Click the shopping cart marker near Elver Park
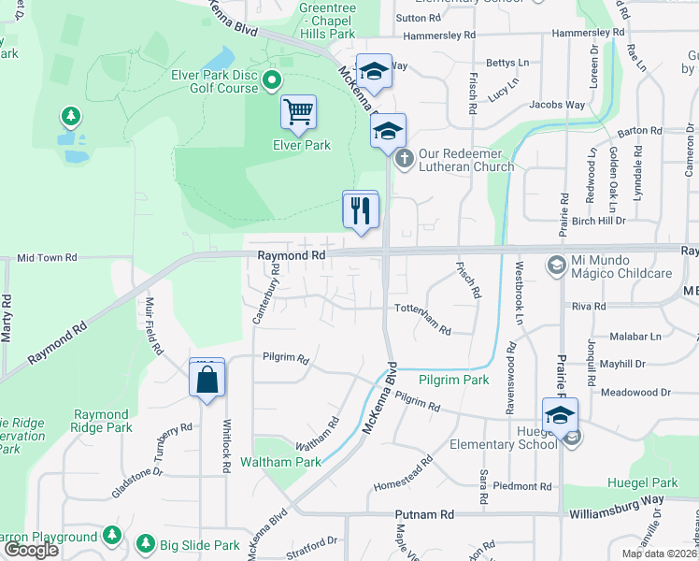tap(298, 113)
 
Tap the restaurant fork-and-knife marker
tap(360, 209)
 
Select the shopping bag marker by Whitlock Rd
tap(207, 380)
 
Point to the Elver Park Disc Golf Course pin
tap(272, 80)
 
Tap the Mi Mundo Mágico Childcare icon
tap(556, 266)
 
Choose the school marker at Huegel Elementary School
tap(559, 416)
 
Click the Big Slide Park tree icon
tap(145, 543)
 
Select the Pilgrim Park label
tap(454, 381)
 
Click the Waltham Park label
tap(280, 462)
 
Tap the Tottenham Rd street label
tap(422, 319)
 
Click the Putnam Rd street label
tap(423, 514)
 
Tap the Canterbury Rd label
tap(266, 294)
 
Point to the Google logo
tap(31, 550)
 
